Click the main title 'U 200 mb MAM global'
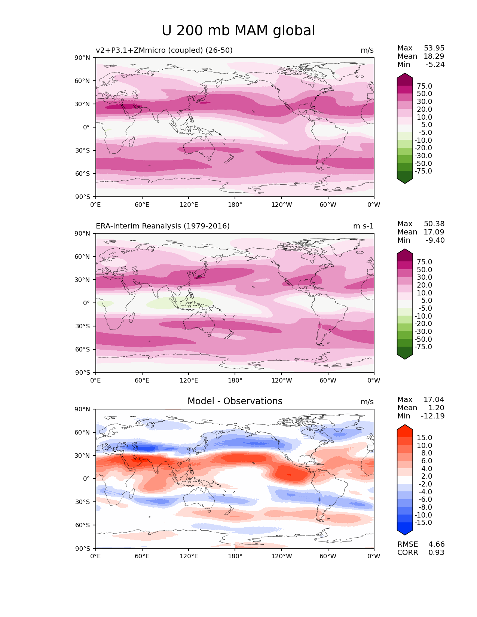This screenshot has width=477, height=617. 238,31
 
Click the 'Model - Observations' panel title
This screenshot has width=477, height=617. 235,401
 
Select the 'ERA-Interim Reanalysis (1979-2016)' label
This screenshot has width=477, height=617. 163,226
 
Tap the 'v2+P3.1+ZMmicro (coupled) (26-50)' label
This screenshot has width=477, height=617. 164,50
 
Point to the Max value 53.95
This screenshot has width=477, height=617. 434,48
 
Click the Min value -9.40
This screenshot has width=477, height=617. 435,240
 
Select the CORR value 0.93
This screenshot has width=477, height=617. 436,552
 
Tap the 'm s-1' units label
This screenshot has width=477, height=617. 363,226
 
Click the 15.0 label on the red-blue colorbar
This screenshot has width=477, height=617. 424,438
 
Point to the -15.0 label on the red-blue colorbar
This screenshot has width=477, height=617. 423,522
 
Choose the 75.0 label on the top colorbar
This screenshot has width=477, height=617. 424,86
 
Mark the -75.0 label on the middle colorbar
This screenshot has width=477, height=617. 423,347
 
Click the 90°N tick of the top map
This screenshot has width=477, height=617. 82,58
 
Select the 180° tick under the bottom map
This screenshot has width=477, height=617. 235,556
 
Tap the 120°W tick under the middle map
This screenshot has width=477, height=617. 281,380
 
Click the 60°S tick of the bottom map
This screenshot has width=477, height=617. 83,525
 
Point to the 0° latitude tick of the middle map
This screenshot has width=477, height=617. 86,303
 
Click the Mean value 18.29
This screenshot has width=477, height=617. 434,56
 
